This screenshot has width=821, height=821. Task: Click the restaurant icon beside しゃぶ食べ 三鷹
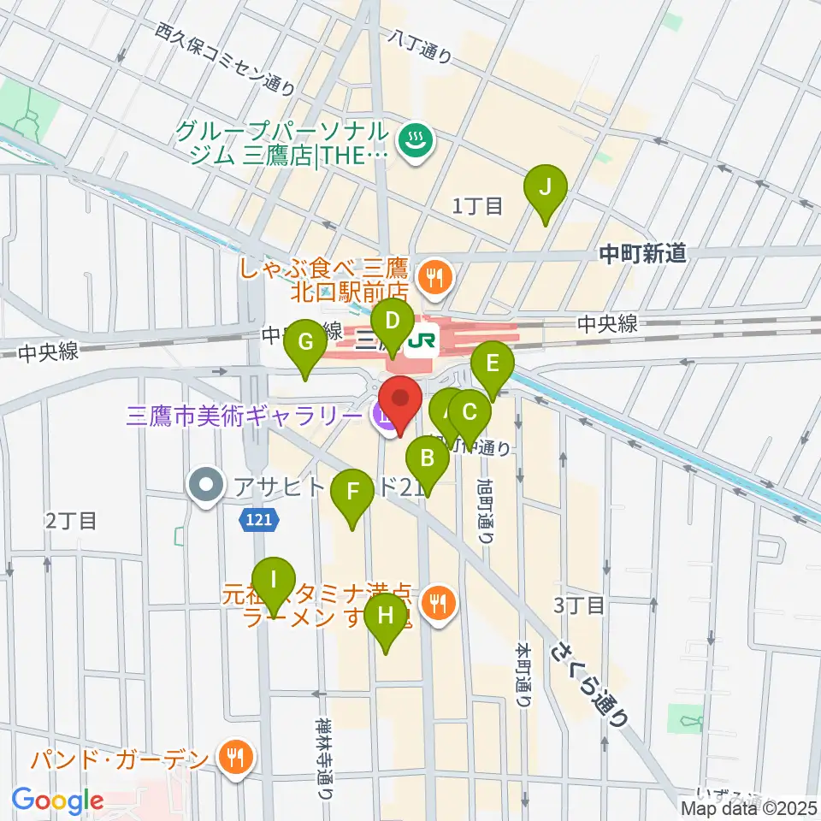point(434,275)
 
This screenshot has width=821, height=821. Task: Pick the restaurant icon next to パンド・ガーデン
point(233,757)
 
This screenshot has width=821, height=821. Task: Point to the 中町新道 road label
point(641,253)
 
